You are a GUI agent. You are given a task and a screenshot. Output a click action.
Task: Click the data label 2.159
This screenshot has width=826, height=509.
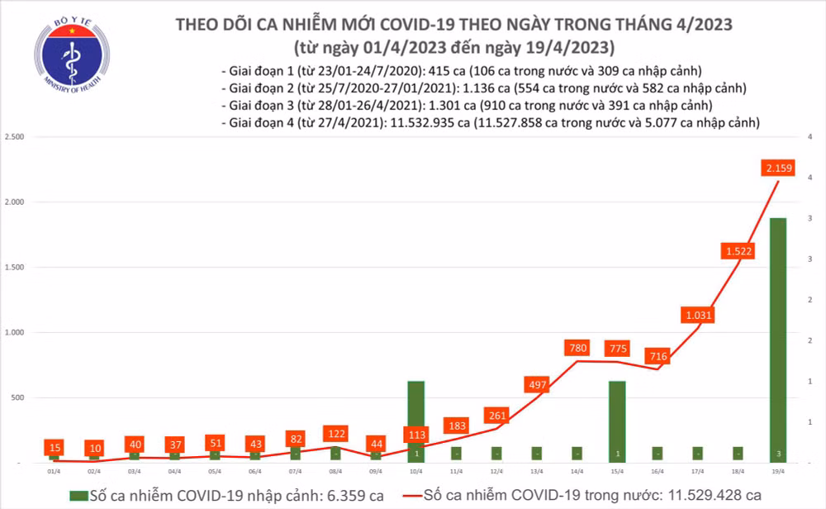point(780,169)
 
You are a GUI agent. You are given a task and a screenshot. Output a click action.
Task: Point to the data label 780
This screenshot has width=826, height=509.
point(578,349)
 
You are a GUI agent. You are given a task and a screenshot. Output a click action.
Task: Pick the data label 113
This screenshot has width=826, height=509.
point(416,435)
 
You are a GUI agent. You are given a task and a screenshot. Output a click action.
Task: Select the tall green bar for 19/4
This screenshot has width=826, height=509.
point(779,339)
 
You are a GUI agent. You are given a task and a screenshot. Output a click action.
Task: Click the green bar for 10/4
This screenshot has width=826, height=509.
point(416,413)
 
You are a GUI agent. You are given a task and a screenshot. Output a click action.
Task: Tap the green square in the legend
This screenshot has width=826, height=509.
point(78,495)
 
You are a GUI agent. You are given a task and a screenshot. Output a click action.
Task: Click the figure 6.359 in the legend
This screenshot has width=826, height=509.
point(338,495)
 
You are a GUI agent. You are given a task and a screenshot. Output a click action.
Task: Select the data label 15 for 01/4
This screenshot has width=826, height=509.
point(54,447)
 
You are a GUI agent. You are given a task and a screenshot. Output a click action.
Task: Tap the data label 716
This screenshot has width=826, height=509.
point(658,357)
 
